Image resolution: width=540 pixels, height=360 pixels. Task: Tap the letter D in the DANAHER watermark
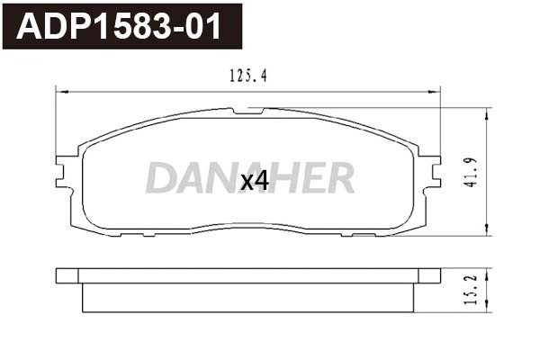coord(162,178)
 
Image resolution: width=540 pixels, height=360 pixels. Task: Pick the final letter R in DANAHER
coord(339,178)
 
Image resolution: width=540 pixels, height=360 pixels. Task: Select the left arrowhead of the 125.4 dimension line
coord(60,90)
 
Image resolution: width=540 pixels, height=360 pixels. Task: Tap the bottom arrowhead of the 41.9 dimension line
coord(487,229)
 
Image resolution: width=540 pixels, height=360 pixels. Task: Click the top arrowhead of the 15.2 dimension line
coord(487,271)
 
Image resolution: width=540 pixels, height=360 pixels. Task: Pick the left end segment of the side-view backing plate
coord(67,275)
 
